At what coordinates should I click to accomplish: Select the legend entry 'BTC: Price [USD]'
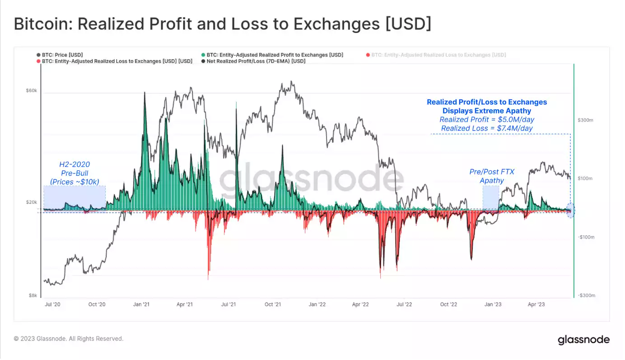[62, 55]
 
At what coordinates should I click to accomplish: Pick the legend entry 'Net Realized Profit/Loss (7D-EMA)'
[256, 61]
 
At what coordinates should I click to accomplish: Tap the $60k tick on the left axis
[31, 91]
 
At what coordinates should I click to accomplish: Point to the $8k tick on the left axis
[33, 295]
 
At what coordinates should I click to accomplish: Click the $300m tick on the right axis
[585, 120]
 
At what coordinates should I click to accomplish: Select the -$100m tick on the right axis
[585, 237]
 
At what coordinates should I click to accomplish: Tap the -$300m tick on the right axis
[585, 295]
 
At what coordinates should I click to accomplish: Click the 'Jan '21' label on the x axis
[141, 304]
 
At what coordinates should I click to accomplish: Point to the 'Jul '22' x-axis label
[404, 304]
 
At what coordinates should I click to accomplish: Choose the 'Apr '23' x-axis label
[536, 304]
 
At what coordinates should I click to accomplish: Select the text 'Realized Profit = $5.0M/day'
[487, 120]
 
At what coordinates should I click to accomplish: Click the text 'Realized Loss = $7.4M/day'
[487, 128]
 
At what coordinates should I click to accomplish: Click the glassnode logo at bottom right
[583, 340]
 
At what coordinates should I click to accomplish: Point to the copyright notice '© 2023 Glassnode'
[68, 338]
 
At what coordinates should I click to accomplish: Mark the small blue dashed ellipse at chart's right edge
[570, 210]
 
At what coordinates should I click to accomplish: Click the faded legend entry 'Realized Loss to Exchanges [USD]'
[438, 55]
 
